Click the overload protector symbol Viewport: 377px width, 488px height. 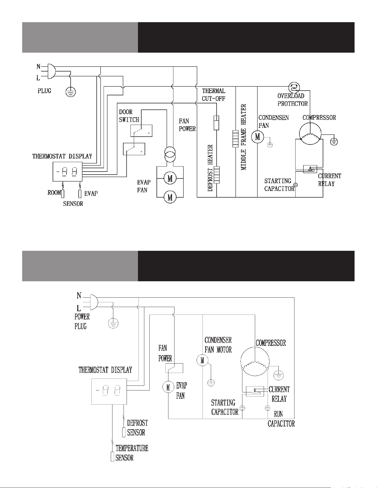pyautogui.click(x=294, y=88)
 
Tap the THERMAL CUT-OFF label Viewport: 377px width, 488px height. pyautogui.click(x=214, y=94)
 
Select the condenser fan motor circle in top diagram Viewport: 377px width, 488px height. pyautogui.click(x=258, y=137)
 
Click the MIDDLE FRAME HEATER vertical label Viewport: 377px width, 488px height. pyautogui.click(x=243, y=137)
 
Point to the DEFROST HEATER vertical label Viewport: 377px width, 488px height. pyautogui.click(x=210, y=168)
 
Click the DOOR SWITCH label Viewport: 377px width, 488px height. pyautogui.click(x=129, y=116)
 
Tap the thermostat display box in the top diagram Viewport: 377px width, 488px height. pyautogui.click(x=68, y=172)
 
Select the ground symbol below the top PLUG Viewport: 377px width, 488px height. pyautogui.click(x=71, y=91)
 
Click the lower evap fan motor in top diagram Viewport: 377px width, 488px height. pyautogui.click(x=170, y=197)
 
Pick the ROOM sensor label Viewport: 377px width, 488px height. pyautogui.click(x=54, y=193)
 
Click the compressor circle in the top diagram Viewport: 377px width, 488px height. pyautogui.click(x=310, y=134)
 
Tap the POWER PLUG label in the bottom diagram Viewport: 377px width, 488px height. pyautogui.click(x=82, y=321)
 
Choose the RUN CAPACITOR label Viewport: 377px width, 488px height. pyautogui.click(x=281, y=419)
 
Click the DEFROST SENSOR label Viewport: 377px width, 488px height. pyautogui.click(x=138, y=428)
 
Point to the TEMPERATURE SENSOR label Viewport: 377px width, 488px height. pyautogui.click(x=132, y=453)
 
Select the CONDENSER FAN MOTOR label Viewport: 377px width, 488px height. pyautogui.click(x=218, y=345)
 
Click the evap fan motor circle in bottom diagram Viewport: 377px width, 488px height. pyautogui.click(x=168, y=387)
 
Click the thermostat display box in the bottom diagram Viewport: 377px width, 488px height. pyautogui.click(x=109, y=392)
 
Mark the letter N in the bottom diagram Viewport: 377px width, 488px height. pyautogui.click(x=79, y=296)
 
